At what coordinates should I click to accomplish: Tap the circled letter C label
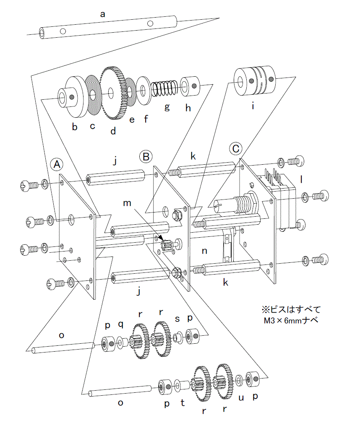[x=236, y=148]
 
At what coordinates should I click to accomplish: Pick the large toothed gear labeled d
[x=112, y=92]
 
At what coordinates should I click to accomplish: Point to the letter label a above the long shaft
[x=103, y=14]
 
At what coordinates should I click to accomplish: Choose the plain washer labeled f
[x=143, y=90]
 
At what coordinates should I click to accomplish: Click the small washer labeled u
[x=239, y=380]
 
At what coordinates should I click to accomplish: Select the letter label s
[x=177, y=319]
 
